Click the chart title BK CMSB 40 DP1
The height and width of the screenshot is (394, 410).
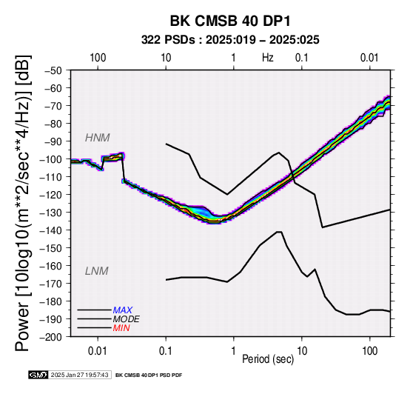(230, 21)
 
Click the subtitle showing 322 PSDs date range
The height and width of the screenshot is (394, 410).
(230, 40)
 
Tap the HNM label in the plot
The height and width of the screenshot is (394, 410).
(97, 138)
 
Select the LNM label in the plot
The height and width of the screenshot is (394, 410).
(96, 271)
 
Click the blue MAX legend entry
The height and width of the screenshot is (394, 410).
(122, 310)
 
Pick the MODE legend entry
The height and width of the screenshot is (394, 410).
(126, 319)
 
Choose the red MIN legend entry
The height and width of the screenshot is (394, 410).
(121, 328)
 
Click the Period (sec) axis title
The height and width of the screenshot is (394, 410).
(268, 359)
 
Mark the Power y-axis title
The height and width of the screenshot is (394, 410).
(23, 203)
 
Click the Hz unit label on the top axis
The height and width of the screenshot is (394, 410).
(268, 58)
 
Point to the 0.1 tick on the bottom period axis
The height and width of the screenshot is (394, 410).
(166, 351)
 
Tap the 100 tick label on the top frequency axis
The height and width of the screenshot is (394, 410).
(98, 58)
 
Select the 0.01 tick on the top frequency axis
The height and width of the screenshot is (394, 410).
(369, 58)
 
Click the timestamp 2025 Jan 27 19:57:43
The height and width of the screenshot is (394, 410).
(79, 375)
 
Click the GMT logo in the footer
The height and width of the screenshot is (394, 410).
(38, 375)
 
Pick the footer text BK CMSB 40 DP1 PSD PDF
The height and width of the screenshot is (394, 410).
(149, 375)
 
